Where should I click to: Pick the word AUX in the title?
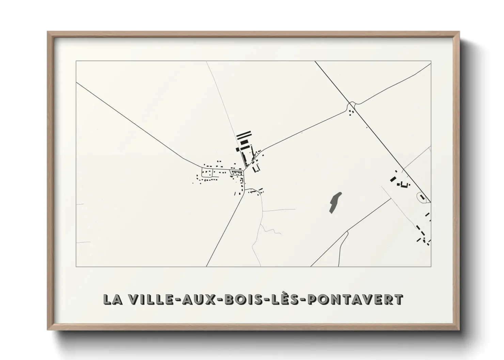[196, 299]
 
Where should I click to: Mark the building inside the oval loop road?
[423, 197]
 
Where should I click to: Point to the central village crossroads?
[244, 170]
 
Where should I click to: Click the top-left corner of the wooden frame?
[48, 32]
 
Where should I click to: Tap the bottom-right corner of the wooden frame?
[459, 330]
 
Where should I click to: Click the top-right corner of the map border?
[431, 61]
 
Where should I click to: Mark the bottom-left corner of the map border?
[76, 266]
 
